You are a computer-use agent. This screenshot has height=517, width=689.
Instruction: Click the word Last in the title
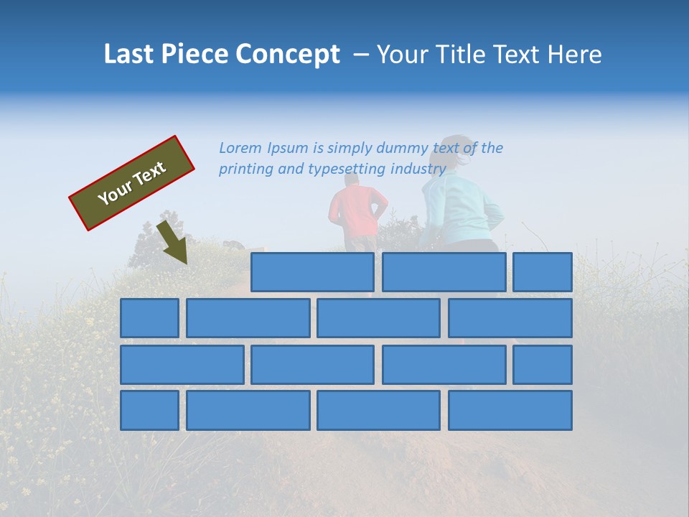[129, 55]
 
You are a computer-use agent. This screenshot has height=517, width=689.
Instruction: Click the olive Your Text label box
[132, 183]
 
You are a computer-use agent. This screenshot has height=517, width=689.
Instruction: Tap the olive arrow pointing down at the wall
[173, 243]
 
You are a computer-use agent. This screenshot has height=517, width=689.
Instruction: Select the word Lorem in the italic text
[241, 148]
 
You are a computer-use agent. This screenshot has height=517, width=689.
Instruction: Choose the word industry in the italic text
[418, 169]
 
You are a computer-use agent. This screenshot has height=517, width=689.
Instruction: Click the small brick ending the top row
[543, 272]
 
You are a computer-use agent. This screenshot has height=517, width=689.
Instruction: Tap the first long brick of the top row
[312, 272]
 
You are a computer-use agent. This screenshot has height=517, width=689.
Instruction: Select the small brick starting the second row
[149, 318]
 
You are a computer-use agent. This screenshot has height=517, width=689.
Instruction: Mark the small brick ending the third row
[543, 365]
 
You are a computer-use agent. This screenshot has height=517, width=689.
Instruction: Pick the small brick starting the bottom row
[149, 410]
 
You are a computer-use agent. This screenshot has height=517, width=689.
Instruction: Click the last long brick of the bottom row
[510, 410]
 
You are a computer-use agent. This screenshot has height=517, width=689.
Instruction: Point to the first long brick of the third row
[182, 365]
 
